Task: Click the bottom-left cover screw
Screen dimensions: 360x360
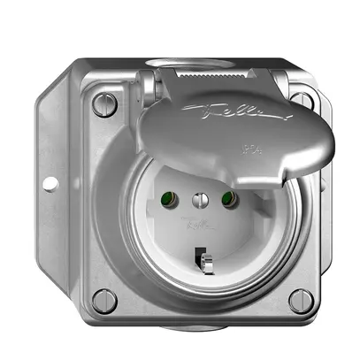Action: coord(104,299)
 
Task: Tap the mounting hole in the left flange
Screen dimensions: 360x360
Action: coord(50,183)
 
